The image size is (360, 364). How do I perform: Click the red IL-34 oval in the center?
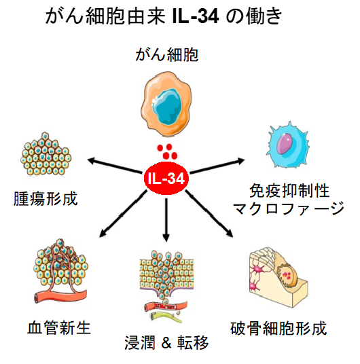tap(166, 179)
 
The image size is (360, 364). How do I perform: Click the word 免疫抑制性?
tap(285, 192)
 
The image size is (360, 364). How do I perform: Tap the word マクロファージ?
tap(289, 209)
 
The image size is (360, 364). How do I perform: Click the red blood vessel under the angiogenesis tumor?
tap(58, 296)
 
